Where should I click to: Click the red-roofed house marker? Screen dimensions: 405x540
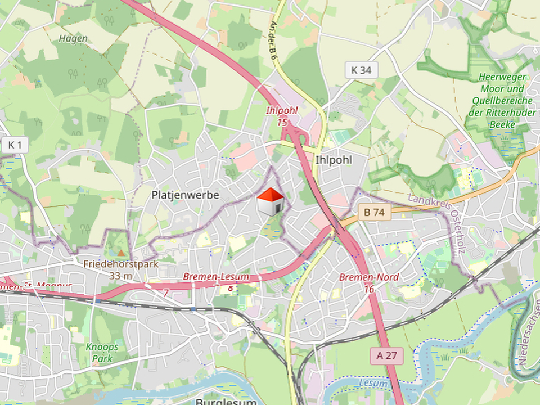(271, 201)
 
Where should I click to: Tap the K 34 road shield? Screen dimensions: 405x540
(361, 70)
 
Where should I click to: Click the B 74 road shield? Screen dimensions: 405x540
(374, 212)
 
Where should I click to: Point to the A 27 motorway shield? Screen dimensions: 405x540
(387, 355)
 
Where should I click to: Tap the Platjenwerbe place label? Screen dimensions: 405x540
(185, 195)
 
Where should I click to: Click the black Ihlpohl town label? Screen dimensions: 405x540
(334, 160)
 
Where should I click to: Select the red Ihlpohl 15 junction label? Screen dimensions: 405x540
(282, 116)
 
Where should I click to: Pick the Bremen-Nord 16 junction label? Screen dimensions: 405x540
(369, 282)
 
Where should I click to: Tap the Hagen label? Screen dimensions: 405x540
(73, 39)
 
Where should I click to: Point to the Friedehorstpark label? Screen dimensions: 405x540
(120, 263)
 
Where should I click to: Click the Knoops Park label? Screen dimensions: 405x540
(102, 352)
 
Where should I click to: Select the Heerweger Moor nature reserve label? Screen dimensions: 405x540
(503, 100)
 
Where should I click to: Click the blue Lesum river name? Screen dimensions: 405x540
(375, 384)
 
